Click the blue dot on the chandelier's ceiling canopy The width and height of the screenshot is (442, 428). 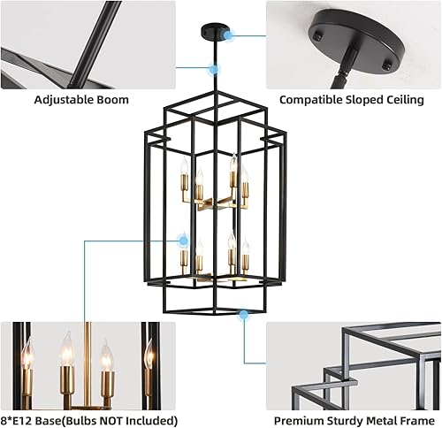[229, 36]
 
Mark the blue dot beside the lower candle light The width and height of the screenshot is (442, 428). [184, 240]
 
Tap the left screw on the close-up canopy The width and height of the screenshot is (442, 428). [316, 36]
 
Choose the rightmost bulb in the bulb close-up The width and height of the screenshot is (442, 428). [148, 355]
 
